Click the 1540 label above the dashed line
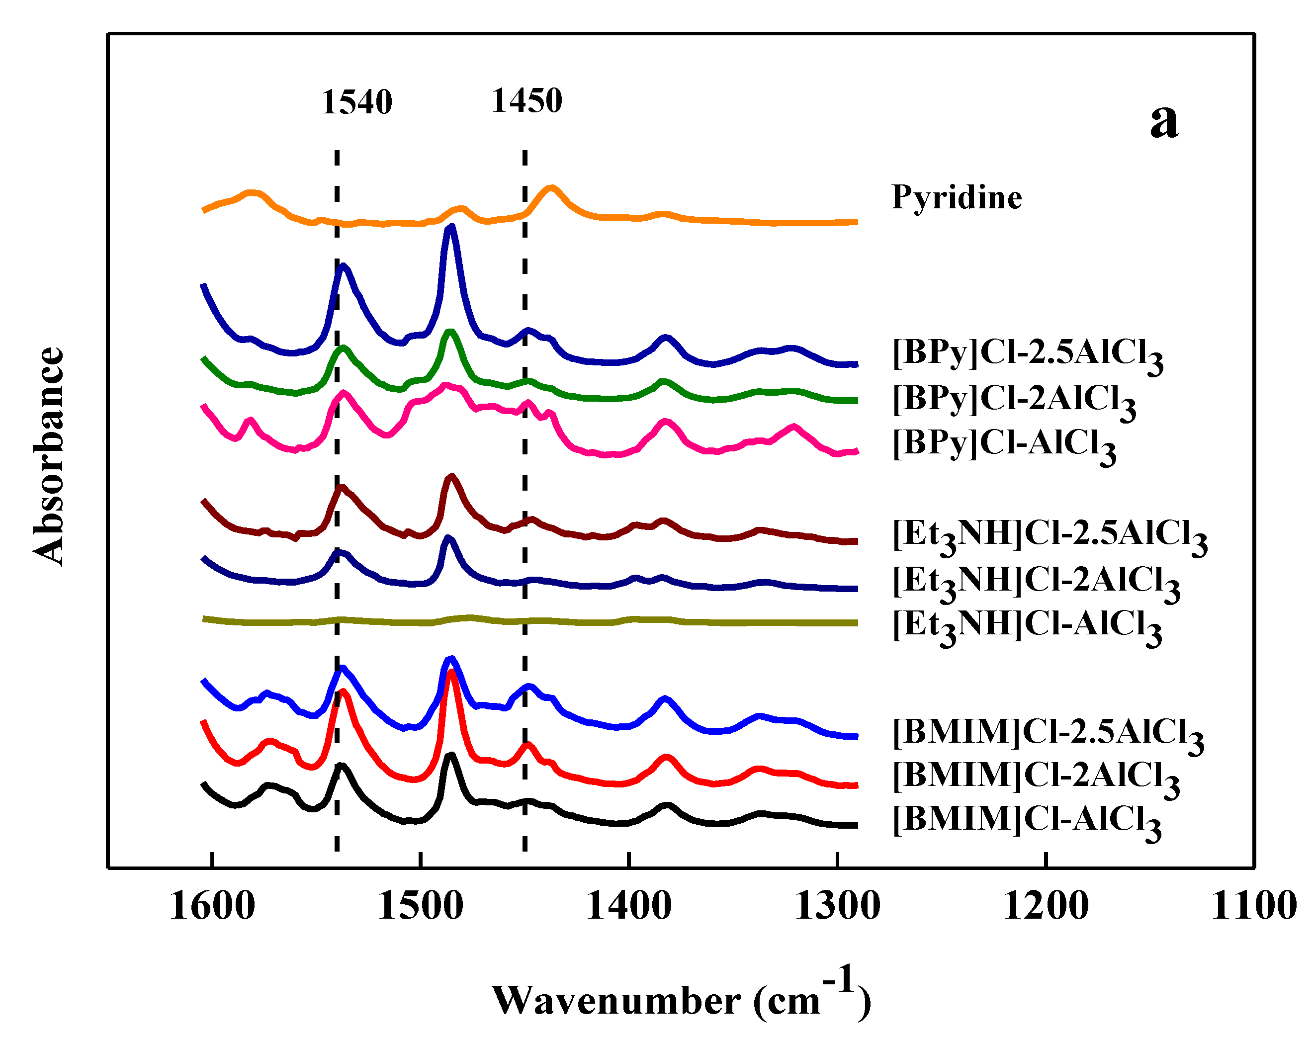pyautogui.click(x=356, y=101)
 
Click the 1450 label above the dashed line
pyautogui.click(x=526, y=100)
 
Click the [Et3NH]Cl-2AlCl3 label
pyautogui.click(x=1036, y=582)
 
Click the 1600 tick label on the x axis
pyautogui.click(x=212, y=906)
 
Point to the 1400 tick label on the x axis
pyautogui.click(x=628, y=906)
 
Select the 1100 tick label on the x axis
pyautogui.click(x=1253, y=906)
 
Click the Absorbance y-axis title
pyautogui.click(x=49, y=456)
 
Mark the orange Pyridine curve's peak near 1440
pyautogui.click(x=551, y=188)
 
